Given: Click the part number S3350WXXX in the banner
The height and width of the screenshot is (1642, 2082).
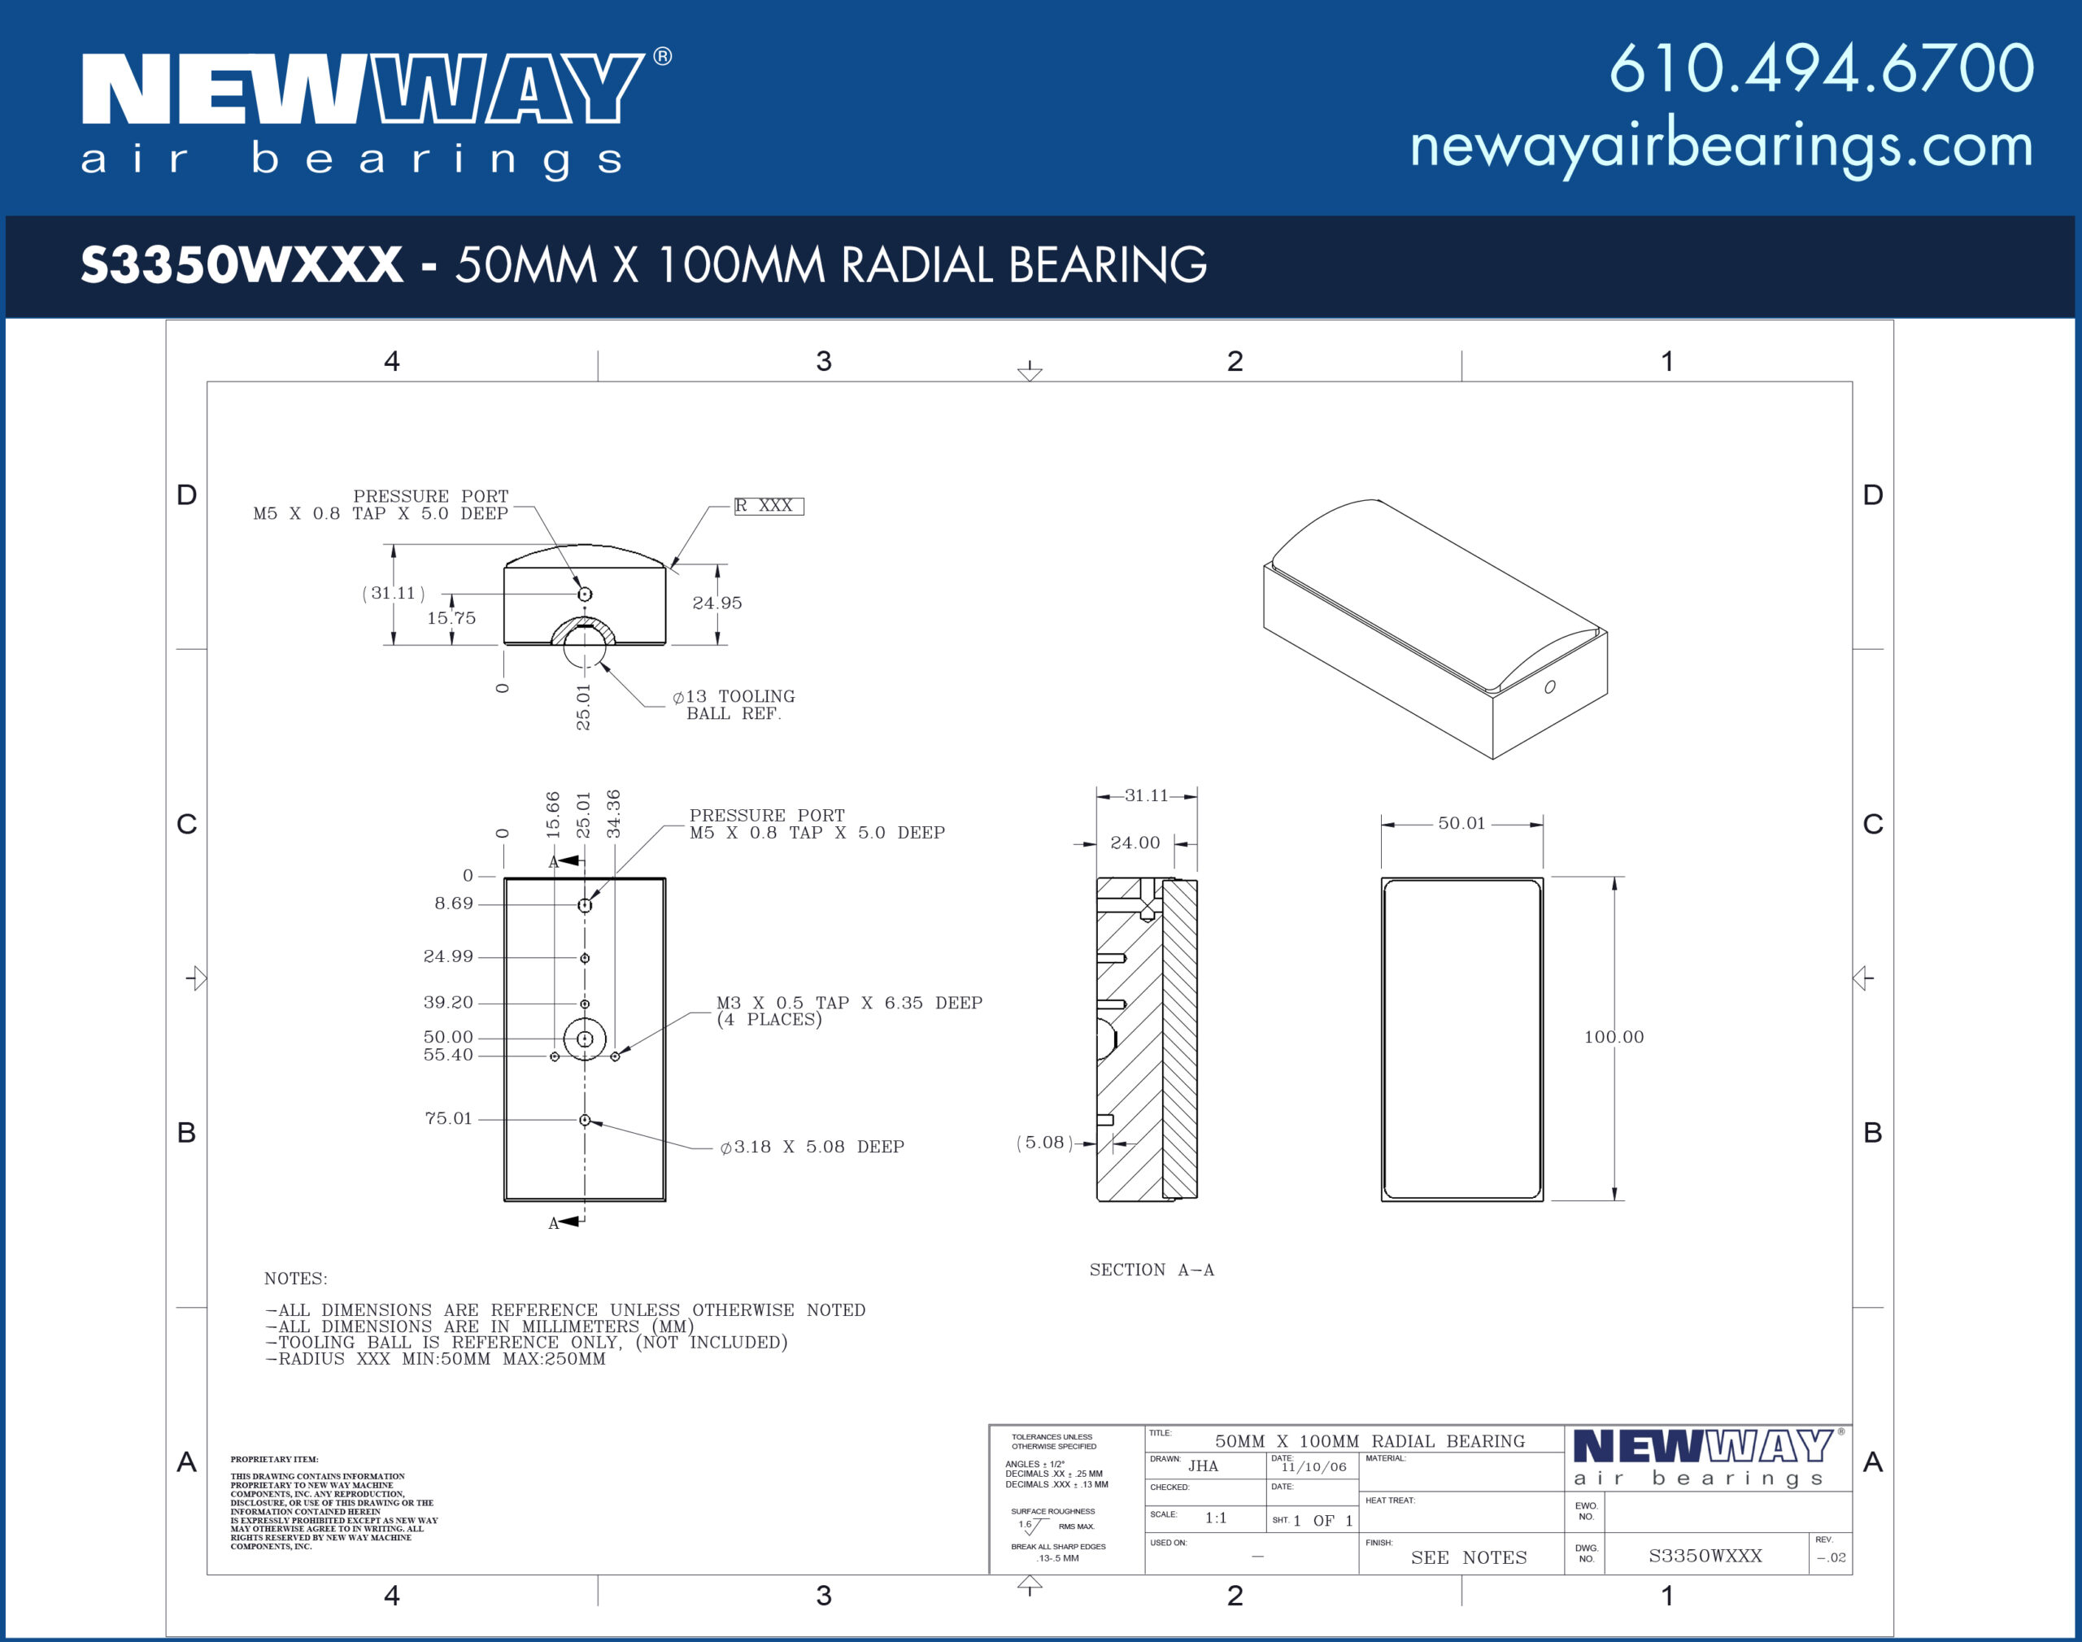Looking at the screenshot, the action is tap(242, 264).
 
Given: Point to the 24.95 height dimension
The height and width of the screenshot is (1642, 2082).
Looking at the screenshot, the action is tap(717, 603).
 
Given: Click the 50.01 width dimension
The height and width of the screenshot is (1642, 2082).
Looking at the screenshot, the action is tap(1461, 823).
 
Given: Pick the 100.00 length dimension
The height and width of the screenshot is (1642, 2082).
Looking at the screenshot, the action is tap(1614, 1036).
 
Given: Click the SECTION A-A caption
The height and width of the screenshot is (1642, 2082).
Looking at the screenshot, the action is tap(1152, 1270).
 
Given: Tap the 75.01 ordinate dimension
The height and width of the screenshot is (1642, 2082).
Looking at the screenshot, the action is tap(449, 1118).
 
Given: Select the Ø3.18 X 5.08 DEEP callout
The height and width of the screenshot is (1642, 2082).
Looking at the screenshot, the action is tap(812, 1147).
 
